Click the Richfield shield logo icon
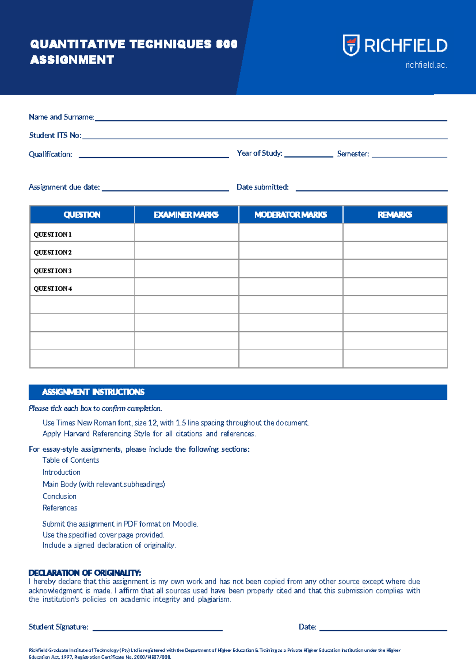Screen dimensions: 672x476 (x=351, y=45)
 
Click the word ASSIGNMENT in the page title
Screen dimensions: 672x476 (x=72, y=60)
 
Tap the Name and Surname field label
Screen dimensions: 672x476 (x=61, y=117)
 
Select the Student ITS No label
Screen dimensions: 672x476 (x=55, y=136)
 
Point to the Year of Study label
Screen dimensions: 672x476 (x=259, y=153)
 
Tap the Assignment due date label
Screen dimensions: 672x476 (x=64, y=187)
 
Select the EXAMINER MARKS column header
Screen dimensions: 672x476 (x=186, y=215)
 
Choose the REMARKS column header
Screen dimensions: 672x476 (x=395, y=215)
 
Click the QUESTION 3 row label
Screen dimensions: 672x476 (x=53, y=271)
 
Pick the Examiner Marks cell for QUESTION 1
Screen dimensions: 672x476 (x=186, y=233)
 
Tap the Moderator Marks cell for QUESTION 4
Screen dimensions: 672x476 (x=290, y=287)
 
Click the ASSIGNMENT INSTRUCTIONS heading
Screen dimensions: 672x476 (x=93, y=392)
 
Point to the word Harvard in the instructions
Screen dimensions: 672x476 (x=77, y=434)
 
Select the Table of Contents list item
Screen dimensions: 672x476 (x=71, y=460)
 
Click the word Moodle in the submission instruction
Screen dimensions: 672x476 (x=184, y=524)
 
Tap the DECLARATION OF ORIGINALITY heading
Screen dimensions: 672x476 (x=85, y=573)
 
